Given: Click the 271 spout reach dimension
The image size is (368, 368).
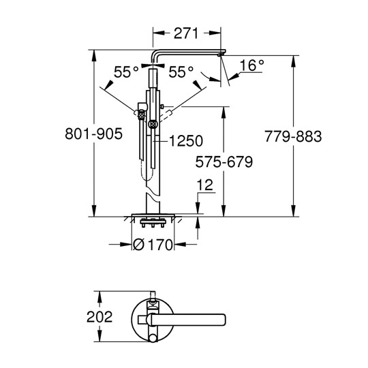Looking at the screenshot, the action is [186, 33].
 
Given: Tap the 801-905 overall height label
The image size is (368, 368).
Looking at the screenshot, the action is [93, 134].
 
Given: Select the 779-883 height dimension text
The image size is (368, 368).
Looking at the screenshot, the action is [293, 136].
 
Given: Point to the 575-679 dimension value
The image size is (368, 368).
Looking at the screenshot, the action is [224, 162].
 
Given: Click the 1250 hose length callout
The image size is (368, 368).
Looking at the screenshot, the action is [186, 141].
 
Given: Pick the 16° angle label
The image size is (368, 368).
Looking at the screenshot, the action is [252, 65].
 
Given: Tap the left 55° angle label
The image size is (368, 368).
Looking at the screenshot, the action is [126, 72].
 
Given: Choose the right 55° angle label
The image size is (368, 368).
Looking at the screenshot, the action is [181, 72].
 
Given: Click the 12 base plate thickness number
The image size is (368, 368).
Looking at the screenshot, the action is [205, 185].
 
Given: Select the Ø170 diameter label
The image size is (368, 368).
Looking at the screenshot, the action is [153, 245].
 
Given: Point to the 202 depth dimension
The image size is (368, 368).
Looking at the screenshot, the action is [99, 317].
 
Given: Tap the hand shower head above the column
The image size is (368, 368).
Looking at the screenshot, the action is [153, 78].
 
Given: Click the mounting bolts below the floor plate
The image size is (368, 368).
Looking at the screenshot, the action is [153, 223].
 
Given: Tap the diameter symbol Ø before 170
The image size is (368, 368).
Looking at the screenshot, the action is [139, 245].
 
